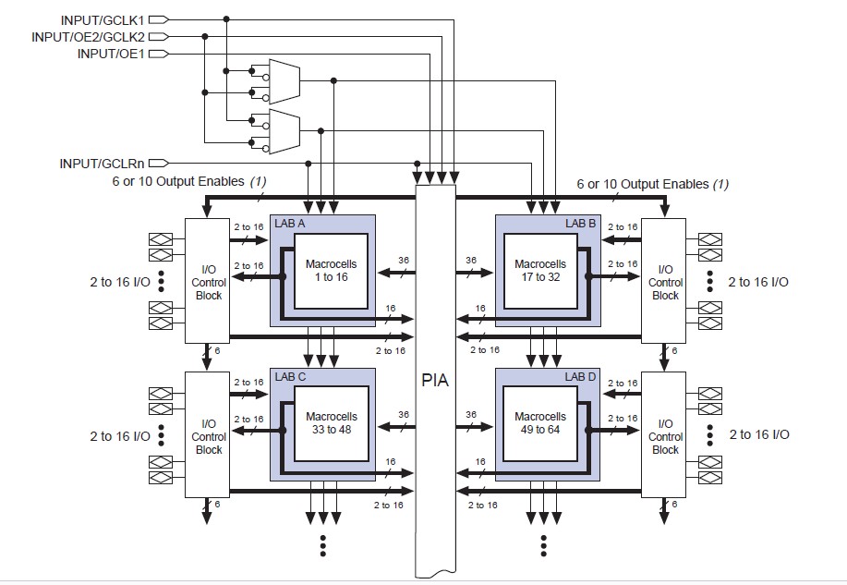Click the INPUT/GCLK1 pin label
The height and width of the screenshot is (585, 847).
pos(101,19)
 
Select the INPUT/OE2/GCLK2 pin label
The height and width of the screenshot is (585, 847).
pos(87,37)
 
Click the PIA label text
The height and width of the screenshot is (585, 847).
pos(434,380)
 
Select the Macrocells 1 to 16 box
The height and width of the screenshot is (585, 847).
pos(331,270)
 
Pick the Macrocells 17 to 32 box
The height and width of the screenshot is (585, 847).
pos(540,270)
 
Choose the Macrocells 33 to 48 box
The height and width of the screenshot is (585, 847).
pos(331,423)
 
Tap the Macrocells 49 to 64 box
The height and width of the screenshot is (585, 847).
pos(540,423)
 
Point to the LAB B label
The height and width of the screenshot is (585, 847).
pos(581,223)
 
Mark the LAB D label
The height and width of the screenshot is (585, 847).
pos(581,377)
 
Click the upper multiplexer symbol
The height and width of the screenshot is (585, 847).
pos(283,80)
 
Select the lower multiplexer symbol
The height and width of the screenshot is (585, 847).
pos(283,130)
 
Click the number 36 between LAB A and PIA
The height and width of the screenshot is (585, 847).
pos(403,261)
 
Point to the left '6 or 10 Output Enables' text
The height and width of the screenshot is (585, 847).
pos(175,183)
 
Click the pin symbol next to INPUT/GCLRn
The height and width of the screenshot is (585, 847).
pos(158,164)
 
